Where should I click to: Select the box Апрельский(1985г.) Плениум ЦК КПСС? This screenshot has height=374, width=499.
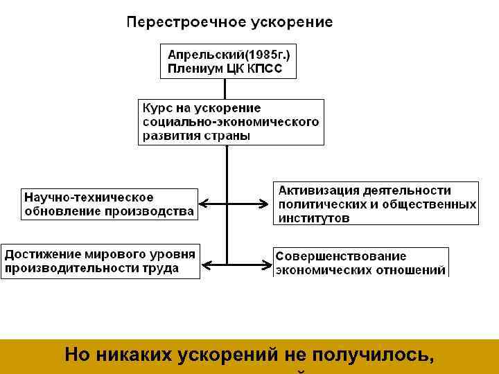[x=227, y=62]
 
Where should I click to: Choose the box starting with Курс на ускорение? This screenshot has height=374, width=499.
[x=231, y=122]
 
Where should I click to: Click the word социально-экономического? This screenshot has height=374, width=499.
[x=231, y=122]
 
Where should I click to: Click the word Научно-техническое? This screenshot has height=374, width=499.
[x=89, y=197]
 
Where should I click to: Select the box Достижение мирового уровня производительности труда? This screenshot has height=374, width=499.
[x=100, y=260]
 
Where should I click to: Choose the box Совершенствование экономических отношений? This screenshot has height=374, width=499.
[x=360, y=262]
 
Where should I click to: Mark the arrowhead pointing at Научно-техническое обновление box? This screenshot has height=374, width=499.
[x=203, y=204]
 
